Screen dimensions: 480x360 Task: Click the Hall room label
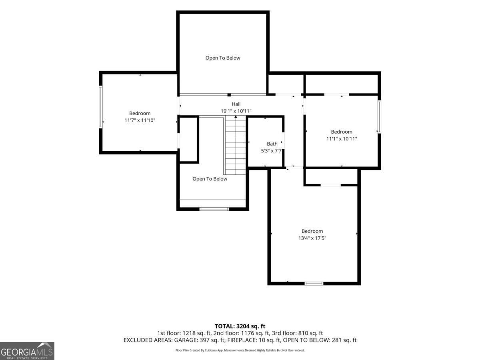coord(236,104)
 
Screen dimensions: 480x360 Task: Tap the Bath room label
coord(272,144)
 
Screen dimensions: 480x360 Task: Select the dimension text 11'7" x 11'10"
coord(140,120)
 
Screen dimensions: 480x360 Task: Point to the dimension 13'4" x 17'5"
coord(312,238)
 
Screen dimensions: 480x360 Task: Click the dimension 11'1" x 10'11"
coord(342,138)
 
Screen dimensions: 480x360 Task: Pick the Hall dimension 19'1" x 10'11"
coord(236,111)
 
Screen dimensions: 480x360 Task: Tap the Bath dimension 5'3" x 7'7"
coord(271,151)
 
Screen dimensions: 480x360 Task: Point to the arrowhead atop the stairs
coord(236,117)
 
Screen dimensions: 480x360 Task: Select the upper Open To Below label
coord(223,58)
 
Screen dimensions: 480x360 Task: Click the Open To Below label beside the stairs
coord(210,179)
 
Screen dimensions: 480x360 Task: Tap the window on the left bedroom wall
coord(101,107)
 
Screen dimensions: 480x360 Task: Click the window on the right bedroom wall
coord(379,117)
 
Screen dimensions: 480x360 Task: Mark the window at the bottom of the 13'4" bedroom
coord(314,284)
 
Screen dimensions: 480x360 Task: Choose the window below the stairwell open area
coord(214,209)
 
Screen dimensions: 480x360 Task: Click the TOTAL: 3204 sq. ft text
coord(240,326)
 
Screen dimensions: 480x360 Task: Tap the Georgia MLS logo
coord(27,351)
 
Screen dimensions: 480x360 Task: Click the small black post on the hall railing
coord(229,95)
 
